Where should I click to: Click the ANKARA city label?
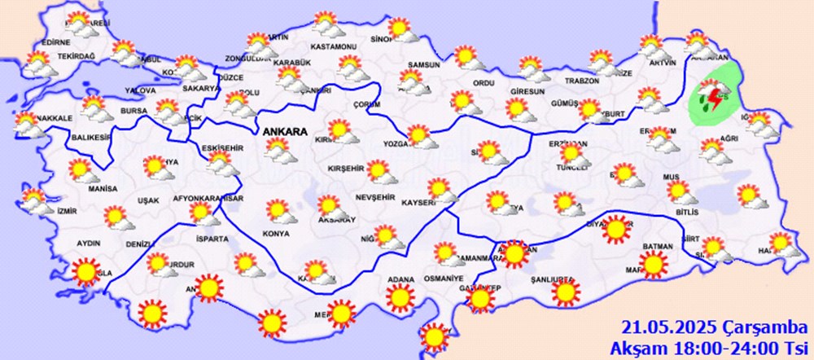[284, 131]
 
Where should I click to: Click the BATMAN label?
[657, 246]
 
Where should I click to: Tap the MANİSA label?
[81, 188]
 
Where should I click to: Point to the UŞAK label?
[125, 200]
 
